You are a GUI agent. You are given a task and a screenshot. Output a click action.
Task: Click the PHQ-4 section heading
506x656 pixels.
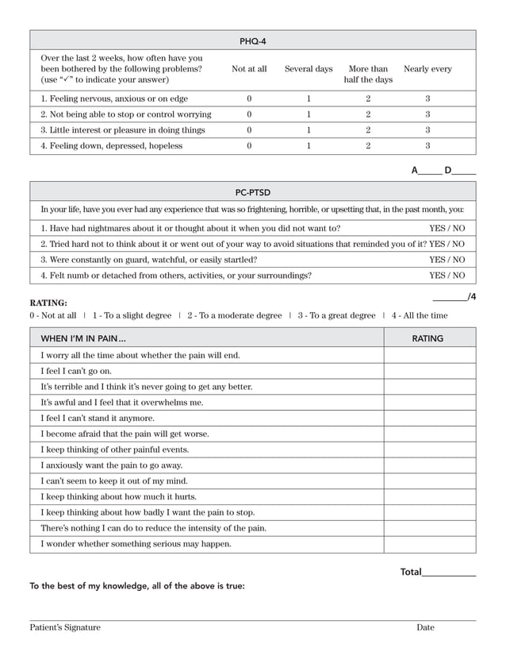[253, 41]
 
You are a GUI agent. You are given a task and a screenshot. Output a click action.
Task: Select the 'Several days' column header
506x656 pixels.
[309, 69]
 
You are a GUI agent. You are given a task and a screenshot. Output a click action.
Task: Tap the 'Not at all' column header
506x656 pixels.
[249, 69]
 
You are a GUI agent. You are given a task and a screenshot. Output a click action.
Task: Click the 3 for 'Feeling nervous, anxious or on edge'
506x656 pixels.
[427, 99]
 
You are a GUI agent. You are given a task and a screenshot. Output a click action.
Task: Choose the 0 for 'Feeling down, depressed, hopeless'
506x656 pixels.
[249, 146]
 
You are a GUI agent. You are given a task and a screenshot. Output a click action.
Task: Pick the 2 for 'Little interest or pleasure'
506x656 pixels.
[368, 130]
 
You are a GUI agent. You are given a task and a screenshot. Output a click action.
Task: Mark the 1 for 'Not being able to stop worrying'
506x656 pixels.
[309, 115]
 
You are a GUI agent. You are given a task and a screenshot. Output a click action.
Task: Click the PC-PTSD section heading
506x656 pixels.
[253, 192]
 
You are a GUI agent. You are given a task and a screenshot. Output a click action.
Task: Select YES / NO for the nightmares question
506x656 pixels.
[447, 228]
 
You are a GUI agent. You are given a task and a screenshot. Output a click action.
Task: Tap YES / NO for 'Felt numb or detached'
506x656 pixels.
[447, 276]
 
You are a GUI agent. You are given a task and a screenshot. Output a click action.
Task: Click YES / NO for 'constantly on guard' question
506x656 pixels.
[447, 260]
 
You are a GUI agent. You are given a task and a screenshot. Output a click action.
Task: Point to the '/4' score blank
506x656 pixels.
[450, 298]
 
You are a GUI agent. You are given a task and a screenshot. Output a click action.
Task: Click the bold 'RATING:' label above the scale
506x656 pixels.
[48, 303]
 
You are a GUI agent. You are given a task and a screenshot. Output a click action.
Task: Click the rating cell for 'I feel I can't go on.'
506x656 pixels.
[430, 371]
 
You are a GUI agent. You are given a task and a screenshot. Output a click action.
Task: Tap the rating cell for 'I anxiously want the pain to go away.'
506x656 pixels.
[430, 465]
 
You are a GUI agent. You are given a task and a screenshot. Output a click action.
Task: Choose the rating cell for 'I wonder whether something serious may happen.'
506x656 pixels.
[430, 544]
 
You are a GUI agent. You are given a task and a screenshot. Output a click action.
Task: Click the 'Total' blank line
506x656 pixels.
[449, 572]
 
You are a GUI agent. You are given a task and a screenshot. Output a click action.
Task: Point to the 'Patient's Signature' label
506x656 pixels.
[65, 627]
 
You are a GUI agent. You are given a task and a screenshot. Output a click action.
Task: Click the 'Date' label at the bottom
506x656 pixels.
[425, 627]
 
